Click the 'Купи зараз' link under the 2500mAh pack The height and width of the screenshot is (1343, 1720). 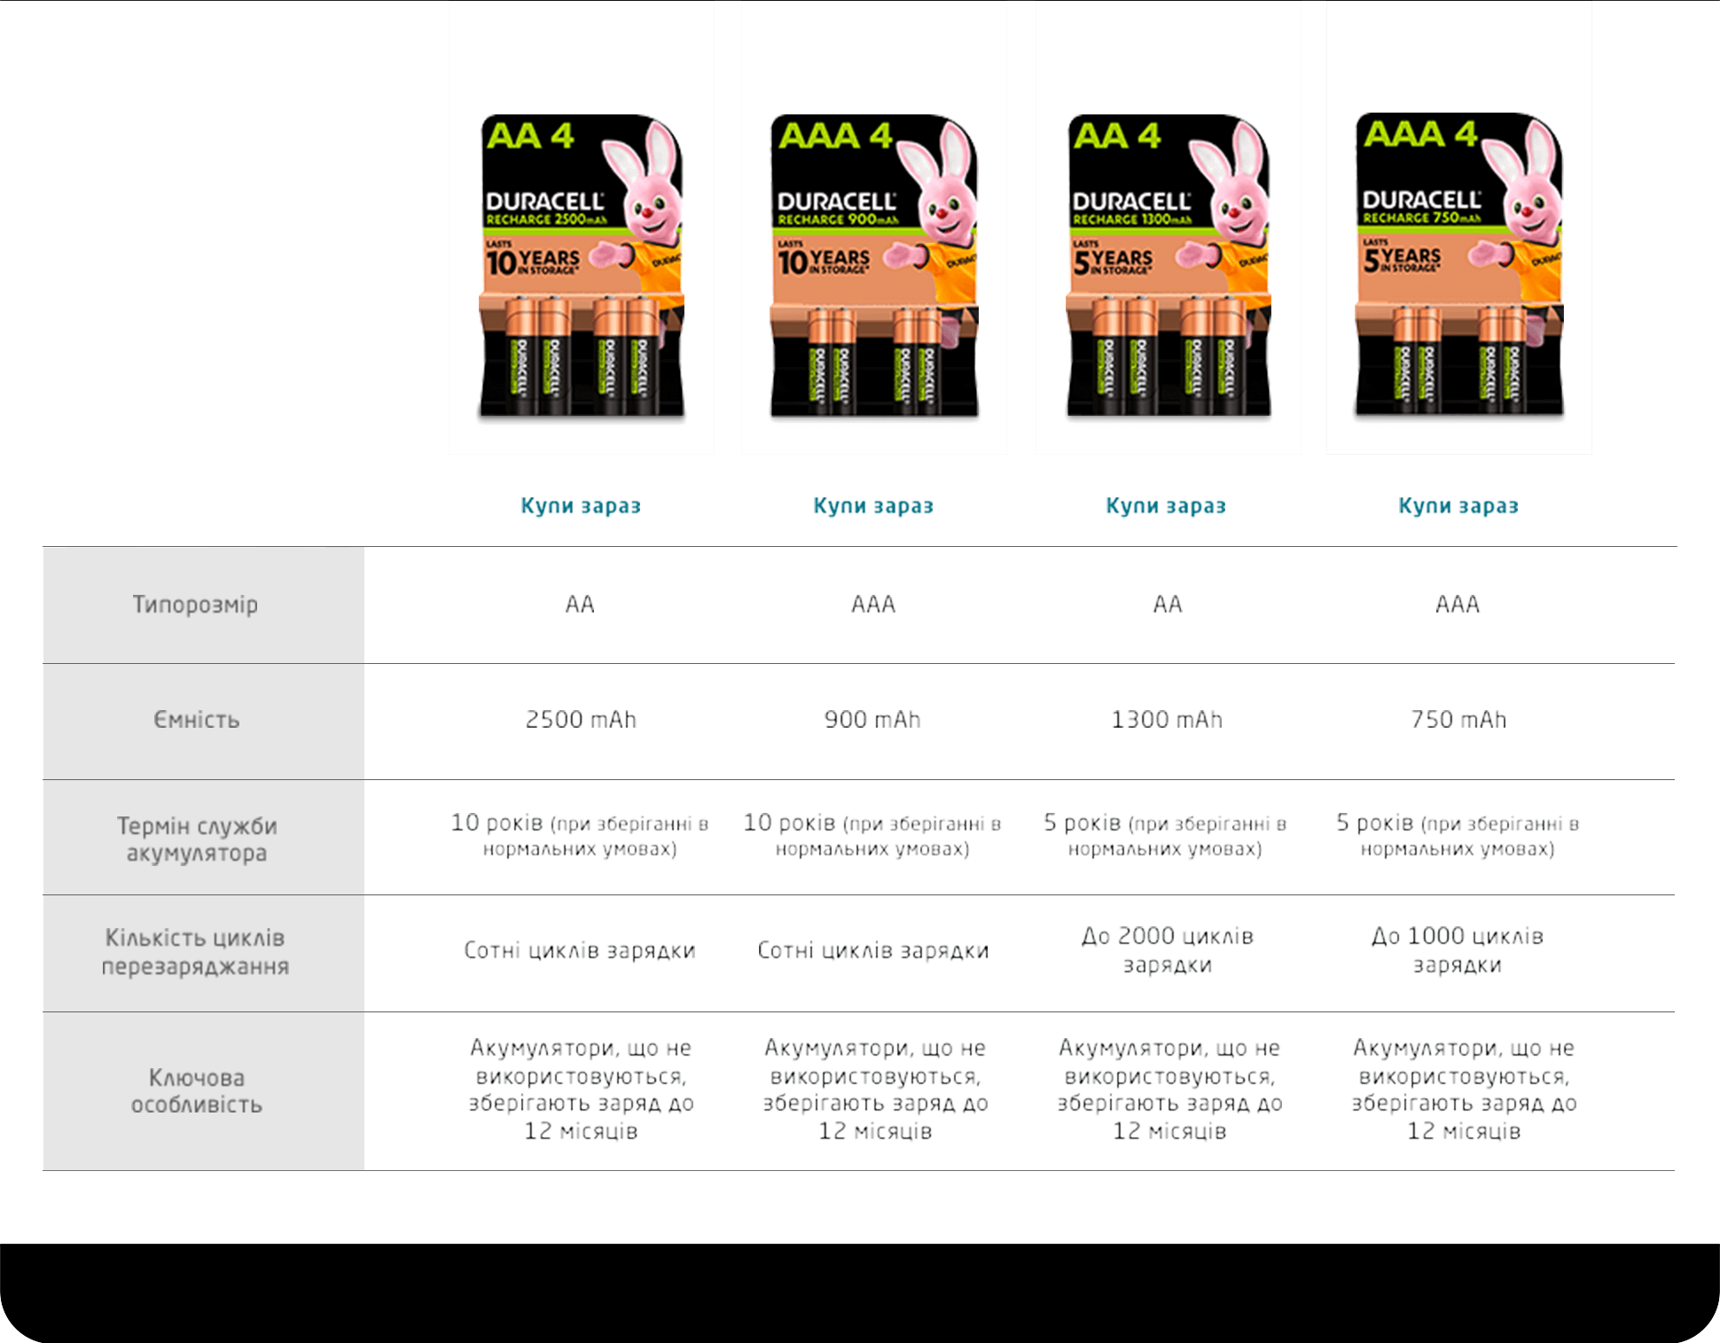[x=580, y=506]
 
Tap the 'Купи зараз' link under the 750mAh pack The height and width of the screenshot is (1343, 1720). [x=1458, y=506]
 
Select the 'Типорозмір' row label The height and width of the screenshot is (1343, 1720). [x=195, y=605]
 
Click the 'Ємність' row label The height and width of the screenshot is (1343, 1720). [x=196, y=720]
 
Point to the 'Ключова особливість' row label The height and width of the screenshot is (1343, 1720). [x=196, y=1091]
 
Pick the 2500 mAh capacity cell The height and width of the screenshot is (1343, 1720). [x=581, y=719]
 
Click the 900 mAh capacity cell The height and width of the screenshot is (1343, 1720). [x=872, y=719]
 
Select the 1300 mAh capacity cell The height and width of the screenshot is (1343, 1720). [x=1166, y=719]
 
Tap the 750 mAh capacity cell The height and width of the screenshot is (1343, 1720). [x=1458, y=719]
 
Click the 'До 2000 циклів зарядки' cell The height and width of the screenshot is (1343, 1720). [x=1167, y=950]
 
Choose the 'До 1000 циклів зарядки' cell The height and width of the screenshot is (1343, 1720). [x=1457, y=950]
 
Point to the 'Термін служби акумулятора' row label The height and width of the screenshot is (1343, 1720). [x=197, y=839]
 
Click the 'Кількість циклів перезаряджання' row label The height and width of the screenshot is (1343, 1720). [x=195, y=952]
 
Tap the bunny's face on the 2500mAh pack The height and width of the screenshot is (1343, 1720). [x=650, y=207]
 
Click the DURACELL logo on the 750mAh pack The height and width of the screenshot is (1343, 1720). [x=1421, y=199]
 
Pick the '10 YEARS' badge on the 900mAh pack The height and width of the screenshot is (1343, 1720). [x=824, y=260]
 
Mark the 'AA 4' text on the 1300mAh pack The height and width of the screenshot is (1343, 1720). [x=1116, y=137]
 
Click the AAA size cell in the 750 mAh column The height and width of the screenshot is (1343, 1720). [x=1458, y=605]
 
